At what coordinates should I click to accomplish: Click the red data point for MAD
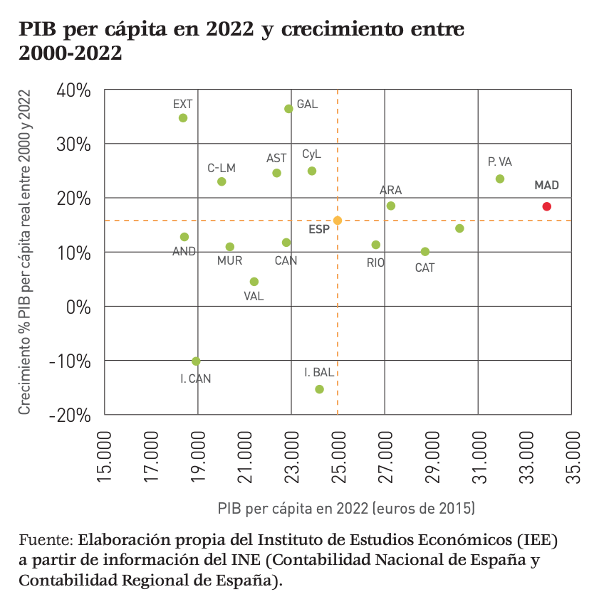click(546, 206)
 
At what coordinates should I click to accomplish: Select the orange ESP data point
click(338, 221)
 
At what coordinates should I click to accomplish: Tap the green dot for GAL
click(288, 109)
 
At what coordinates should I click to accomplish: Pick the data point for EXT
click(183, 118)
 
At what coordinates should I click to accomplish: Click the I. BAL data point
click(319, 389)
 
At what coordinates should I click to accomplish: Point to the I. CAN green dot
click(196, 361)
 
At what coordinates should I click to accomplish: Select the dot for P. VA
click(500, 179)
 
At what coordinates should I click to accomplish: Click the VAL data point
click(254, 282)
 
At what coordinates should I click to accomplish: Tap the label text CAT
click(425, 268)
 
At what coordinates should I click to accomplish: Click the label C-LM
click(222, 168)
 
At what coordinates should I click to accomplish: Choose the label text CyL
click(312, 154)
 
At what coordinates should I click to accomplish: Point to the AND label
click(184, 251)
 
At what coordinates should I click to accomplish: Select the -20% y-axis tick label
click(70, 415)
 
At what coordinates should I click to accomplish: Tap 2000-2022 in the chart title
click(71, 53)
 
